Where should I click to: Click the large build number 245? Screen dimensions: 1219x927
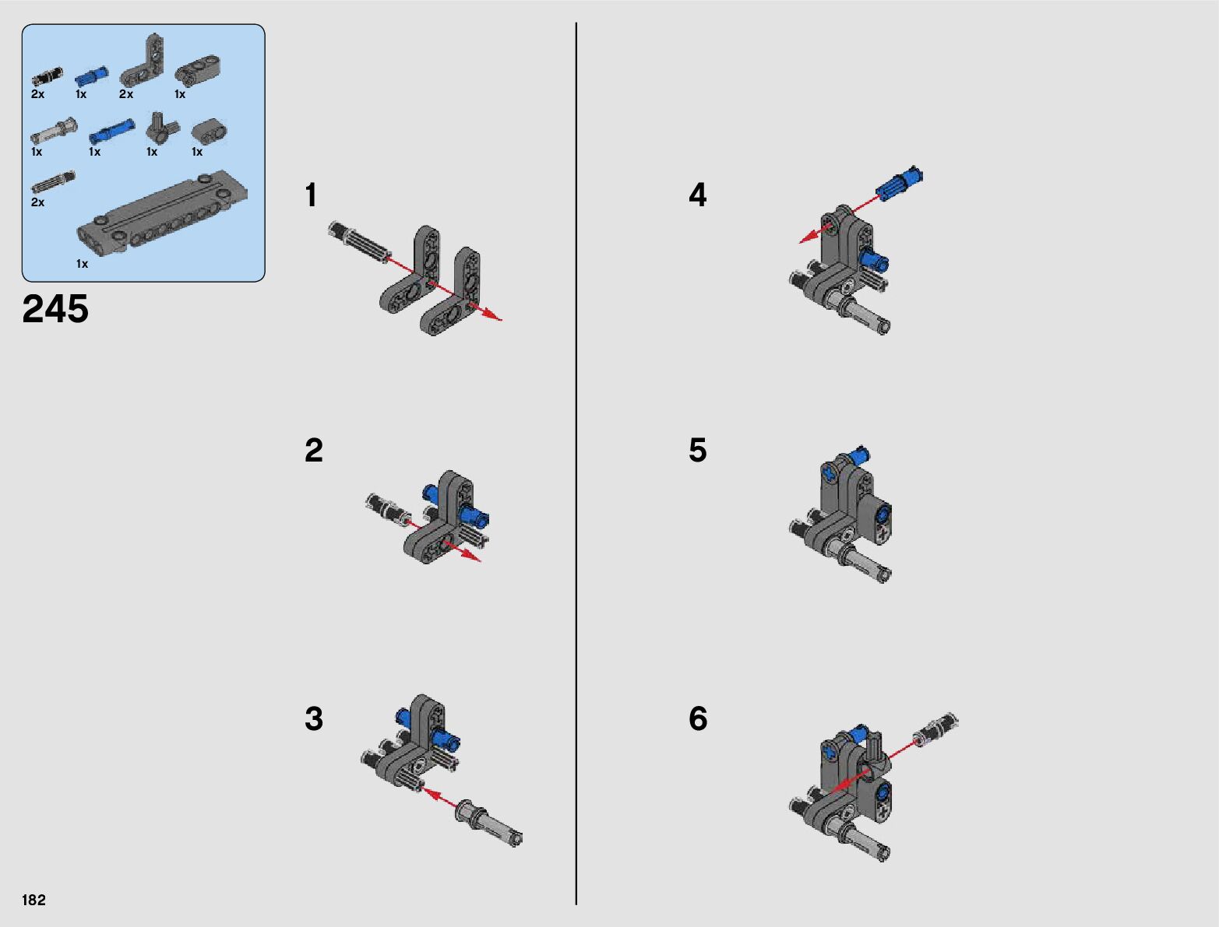55,308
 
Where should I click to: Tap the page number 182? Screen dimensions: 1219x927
33,899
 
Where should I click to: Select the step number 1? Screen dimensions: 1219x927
311,195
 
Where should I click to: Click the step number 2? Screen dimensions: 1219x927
314,450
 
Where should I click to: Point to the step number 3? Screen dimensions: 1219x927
314,718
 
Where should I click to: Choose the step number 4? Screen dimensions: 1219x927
698,195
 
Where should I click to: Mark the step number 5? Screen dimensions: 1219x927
698,450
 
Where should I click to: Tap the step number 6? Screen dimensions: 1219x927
698,718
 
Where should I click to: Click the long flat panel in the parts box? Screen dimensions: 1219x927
162,213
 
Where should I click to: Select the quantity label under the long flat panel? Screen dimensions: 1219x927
83,264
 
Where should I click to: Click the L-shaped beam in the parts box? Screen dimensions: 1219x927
143,61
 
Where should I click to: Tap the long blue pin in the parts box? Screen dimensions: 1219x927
111,131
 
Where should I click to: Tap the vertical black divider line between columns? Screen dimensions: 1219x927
576,464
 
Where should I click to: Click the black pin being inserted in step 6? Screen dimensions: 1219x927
935,729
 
